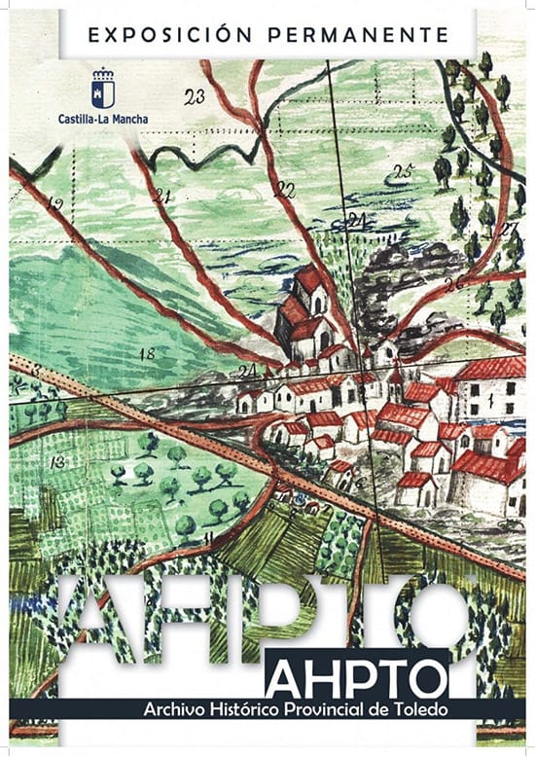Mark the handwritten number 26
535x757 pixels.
[452, 283]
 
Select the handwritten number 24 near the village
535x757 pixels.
[247, 371]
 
